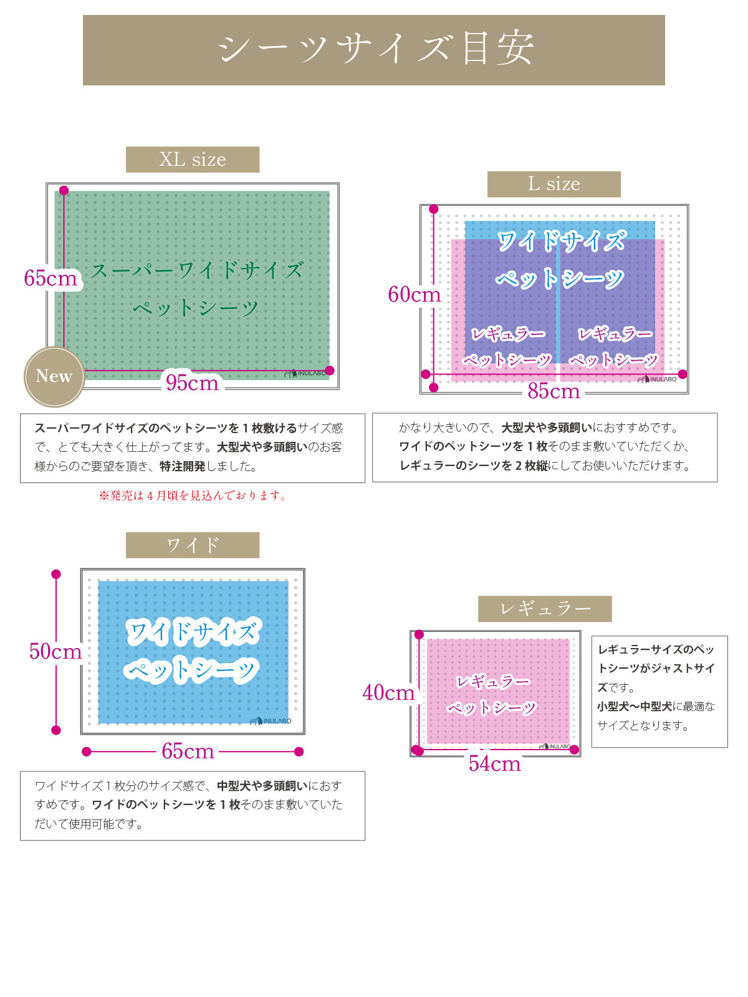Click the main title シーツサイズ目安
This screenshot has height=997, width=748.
click(374, 50)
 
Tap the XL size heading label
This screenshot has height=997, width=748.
click(193, 160)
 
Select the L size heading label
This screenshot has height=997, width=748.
click(554, 184)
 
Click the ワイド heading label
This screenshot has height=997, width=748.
click(193, 545)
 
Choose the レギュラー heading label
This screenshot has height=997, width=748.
click(545, 609)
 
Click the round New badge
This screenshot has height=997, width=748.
click(54, 376)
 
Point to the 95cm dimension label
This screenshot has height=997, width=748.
click(192, 383)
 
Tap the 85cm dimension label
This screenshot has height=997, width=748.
click(554, 391)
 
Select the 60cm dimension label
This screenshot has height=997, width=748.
click(414, 294)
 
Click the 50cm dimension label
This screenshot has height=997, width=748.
click(55, 651)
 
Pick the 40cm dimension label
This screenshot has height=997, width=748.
click(388, 692)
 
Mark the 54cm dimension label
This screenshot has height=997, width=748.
click(494, 764)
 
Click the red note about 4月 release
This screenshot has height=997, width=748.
click(193, 496)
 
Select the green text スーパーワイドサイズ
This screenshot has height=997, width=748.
click(197, 270)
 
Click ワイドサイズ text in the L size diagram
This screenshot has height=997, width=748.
click(560, 241)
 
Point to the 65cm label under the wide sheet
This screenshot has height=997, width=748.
click(188, 751)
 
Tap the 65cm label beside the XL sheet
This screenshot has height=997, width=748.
click(50, 278)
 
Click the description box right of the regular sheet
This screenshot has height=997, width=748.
click(659, 691)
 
